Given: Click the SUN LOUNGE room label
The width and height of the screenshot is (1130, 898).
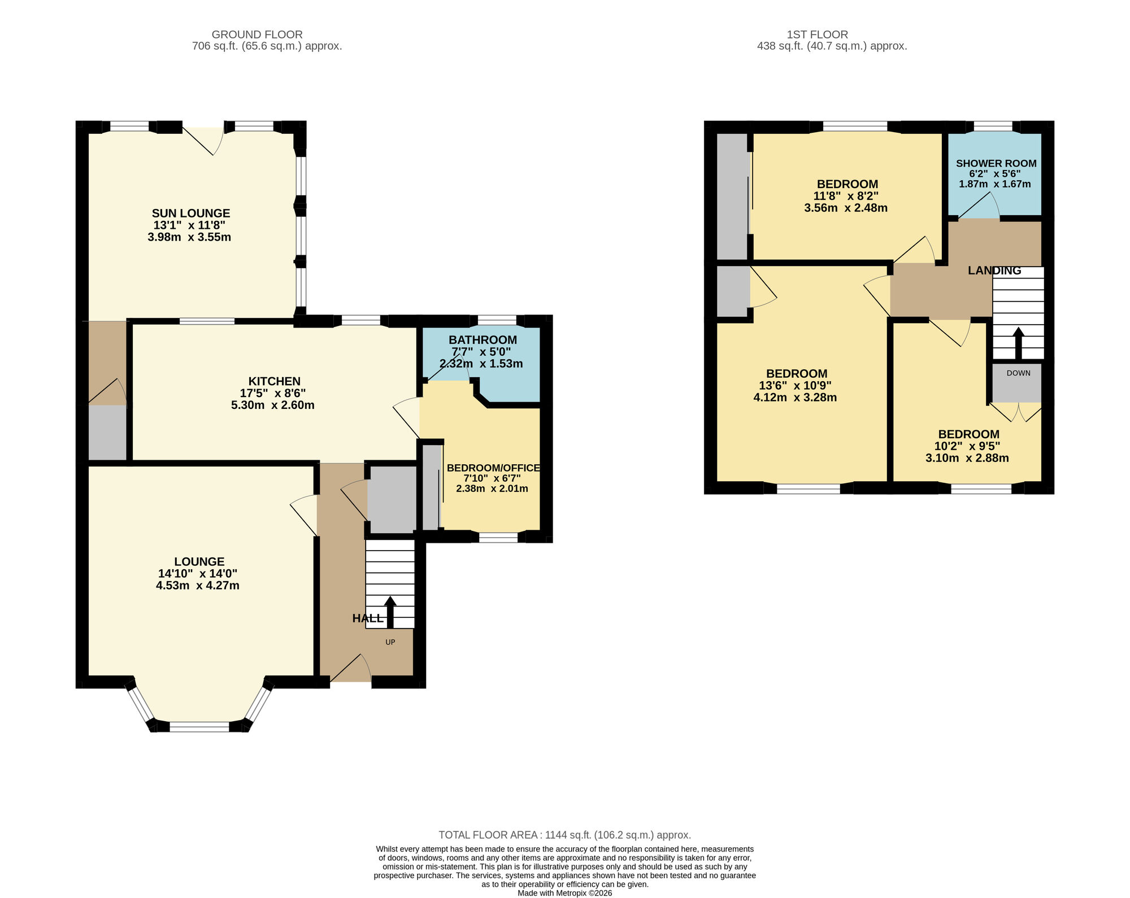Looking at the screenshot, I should [x=191, y=213].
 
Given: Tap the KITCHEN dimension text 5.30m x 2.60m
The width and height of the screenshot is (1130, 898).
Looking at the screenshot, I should [x=273, y=406].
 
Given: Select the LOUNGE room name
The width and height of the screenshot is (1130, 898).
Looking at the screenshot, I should [x=199, y=561].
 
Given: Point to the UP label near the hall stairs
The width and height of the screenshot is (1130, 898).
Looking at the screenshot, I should [x=390, y=642].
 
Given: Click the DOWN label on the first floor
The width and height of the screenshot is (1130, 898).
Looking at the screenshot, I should [x=1018, y=373].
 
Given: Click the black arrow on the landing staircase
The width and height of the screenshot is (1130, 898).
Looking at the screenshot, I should [x=1018, y=342].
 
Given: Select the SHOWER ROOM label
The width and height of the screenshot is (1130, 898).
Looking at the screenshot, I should [x=996, y=164].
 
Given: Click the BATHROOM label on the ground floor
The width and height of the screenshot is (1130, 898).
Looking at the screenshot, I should [x=483, y=340].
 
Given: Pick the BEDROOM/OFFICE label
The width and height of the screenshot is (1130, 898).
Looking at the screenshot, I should [x=493, y=468].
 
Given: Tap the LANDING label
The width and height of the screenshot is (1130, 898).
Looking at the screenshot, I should [x=994, y=271].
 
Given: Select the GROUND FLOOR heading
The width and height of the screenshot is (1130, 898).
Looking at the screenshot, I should [x=257, y=35].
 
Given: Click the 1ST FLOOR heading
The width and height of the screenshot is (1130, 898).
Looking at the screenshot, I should [x=817, y=35].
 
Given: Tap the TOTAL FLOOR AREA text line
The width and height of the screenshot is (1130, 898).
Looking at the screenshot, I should [x=564, y=835].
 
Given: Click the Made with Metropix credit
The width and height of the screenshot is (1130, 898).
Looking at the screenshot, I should [x=564, y=893].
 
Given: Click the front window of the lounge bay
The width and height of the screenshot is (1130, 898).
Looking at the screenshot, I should [x=199, y=727].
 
